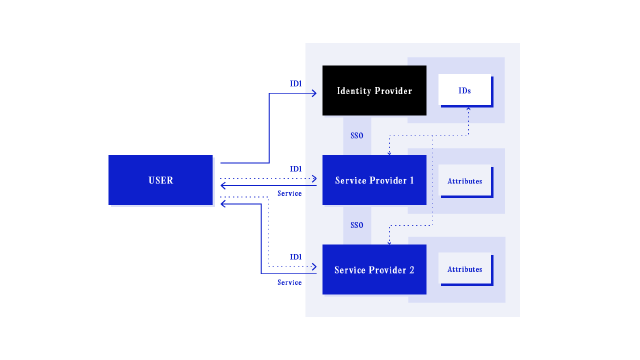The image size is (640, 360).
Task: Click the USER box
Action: [x=161, y=180]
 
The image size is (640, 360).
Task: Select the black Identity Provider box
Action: [x=374, y=90]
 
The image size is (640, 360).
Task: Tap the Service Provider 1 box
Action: [x=374, y=180]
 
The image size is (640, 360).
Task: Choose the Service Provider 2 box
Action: [x=374, y=269]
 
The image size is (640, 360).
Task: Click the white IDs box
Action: [x=465, y=90]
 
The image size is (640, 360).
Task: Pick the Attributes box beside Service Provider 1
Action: [x=465, y=181]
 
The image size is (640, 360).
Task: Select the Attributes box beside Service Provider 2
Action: [x=465, y=269]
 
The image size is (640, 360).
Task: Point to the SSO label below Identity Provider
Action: [x=357, y=135]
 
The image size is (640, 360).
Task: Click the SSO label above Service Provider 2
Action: [x=357, y=225]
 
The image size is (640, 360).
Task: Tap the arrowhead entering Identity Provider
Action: [x=313, y=93]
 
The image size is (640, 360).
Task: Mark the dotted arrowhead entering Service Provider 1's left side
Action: [x=313, y=179]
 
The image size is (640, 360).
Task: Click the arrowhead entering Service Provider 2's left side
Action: [x=313, y=267]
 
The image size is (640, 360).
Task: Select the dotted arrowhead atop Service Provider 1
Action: [x=389, y=152]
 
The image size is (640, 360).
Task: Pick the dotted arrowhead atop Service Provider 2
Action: [x=389, y=241]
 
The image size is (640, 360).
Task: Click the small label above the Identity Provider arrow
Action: [x=296, y=84]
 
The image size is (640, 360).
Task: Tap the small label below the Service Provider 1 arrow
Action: [x=289, y=193]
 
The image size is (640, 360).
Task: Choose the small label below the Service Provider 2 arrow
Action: [x=289, y=282]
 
